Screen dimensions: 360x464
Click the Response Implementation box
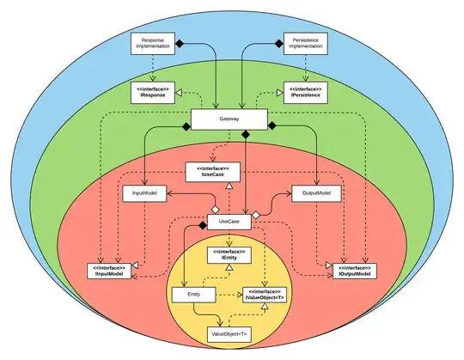point(152,44)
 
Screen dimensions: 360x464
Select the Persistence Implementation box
point(306,44)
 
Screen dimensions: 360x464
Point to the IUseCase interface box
point(211,171)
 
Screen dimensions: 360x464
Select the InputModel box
point(143,193)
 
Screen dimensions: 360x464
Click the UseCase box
point(229,222)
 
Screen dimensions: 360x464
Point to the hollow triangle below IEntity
point(229,268)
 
